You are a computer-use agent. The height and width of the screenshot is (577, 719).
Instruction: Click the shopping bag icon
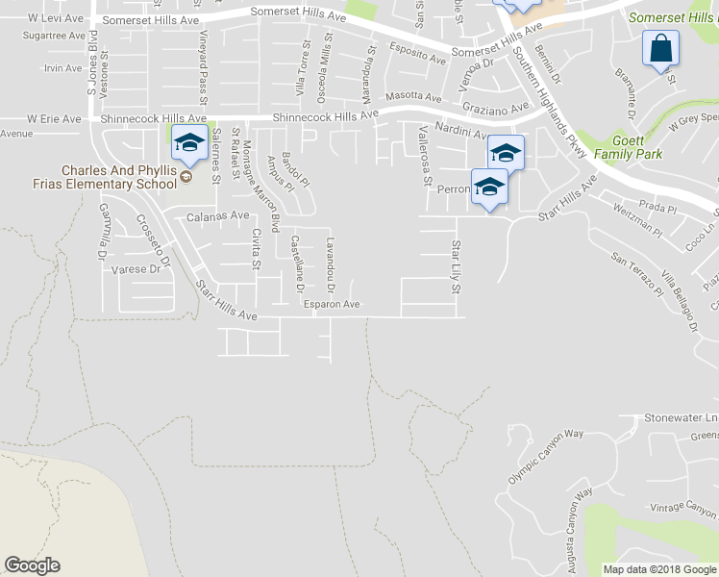pos(662,48)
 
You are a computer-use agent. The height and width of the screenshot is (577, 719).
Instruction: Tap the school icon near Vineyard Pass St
pos(189,143)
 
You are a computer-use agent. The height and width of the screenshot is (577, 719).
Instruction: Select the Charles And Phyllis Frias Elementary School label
pos(117,177)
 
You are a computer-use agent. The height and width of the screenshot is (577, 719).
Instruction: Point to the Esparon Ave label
pos(332,305)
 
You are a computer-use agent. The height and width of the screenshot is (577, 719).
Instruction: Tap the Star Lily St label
pos(458,263)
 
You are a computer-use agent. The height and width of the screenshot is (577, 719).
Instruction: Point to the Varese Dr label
pos(135,269)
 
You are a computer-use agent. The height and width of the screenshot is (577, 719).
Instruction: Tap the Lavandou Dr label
pos(331,265)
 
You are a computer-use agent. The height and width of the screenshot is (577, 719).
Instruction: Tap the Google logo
pos(32,565)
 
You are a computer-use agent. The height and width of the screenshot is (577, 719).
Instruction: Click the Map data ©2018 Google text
pos(659,569)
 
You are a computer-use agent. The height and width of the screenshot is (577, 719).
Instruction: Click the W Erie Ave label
pos(54,118)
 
